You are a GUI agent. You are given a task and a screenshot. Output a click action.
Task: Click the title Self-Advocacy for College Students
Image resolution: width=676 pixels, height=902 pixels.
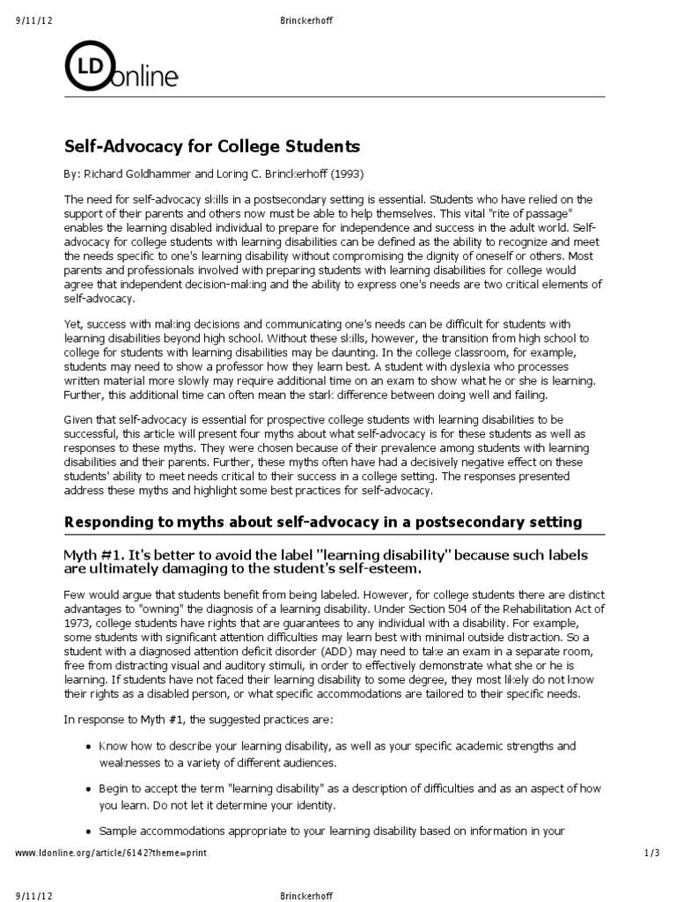coord(212,144)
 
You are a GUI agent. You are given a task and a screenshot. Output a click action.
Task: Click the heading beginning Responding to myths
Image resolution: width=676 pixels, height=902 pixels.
coord(323,521)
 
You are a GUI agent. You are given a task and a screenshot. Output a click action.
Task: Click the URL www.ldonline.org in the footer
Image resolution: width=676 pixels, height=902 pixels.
coord(55,854)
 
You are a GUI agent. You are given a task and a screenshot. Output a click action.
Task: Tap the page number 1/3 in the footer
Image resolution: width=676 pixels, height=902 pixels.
coord(651,854)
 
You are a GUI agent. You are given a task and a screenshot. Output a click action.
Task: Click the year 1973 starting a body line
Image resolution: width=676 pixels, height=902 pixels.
coord(77,623)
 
